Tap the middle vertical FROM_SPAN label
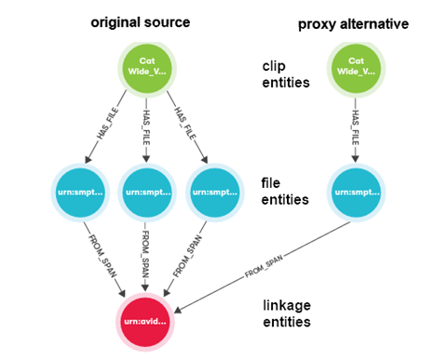pyautogui.click(x=148, y=254)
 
